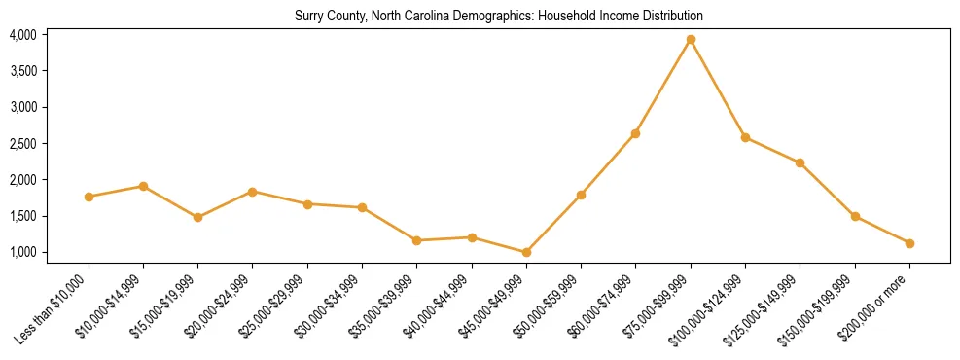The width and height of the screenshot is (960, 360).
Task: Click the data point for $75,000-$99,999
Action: click(x=691, y=40)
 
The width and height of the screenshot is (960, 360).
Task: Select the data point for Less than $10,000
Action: click(x=89, y=197)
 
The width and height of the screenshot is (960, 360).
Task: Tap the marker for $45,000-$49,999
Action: click(x=526, y=252)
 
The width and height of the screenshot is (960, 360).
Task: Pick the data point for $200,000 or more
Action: click(x=909, y=243)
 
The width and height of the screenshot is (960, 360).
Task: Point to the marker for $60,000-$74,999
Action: click(x=635, y=133)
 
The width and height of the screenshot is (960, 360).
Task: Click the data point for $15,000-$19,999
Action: click(x=197, y=217)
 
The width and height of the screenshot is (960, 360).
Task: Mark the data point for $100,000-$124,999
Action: click(x=745, y=137)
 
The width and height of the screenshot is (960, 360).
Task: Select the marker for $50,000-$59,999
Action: click(x=581, y=195)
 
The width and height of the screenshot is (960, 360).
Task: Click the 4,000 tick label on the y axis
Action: click(x=22, y=35)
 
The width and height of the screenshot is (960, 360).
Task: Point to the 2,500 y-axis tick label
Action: click(x=22, y=144)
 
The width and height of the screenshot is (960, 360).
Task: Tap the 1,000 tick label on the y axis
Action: click(x=22, y=253)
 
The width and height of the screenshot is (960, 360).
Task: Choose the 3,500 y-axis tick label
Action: click(x=22, y=71)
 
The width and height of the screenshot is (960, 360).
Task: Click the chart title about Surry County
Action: click(x=498, y=17)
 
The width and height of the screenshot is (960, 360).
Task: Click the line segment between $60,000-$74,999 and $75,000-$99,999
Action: click(x=663, y=87)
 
